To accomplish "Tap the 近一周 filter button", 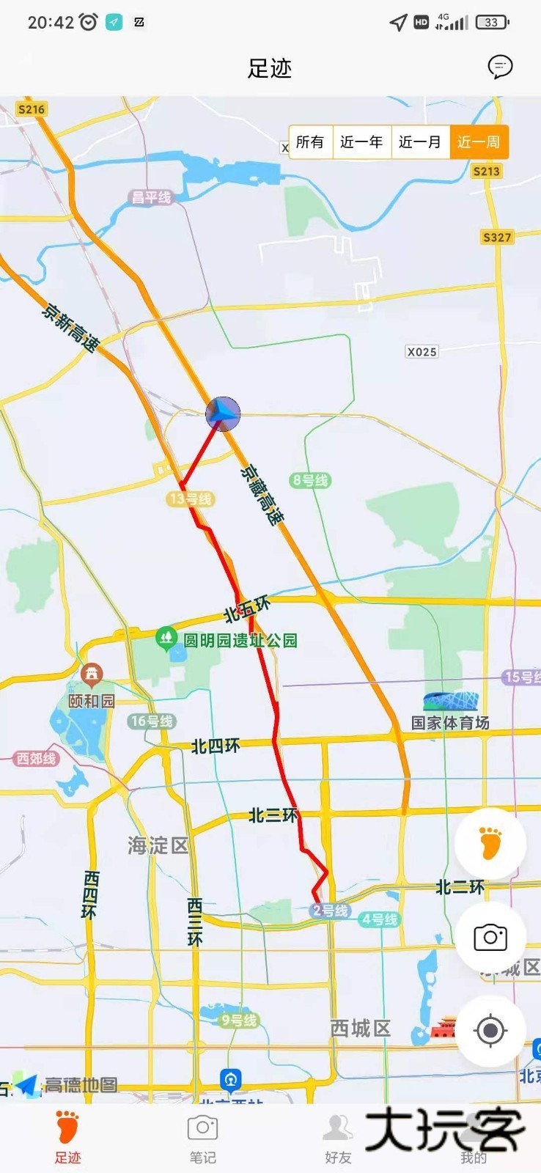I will point(479,141).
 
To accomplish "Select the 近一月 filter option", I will point(420,141).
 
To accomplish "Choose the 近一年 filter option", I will point(361,141).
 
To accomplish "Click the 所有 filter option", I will point(310,141).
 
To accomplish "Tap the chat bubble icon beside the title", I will point(500,67).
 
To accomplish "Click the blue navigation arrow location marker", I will point(223,414).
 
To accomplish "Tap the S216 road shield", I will point(32,109).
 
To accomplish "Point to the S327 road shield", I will point(496,237).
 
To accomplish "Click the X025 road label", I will point(422,352).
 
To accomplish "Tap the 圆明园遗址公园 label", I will point(239,640).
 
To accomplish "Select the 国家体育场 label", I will point(450,723).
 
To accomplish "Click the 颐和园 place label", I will point(92,701).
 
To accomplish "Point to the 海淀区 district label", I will point(158,846).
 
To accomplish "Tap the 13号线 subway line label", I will point(191,499).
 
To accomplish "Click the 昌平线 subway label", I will point(151,197).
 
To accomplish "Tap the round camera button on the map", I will point(490,937).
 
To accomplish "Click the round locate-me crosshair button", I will point(490,1031).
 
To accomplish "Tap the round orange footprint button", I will point(490,844).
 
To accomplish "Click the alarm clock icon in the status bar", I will point(89,22).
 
